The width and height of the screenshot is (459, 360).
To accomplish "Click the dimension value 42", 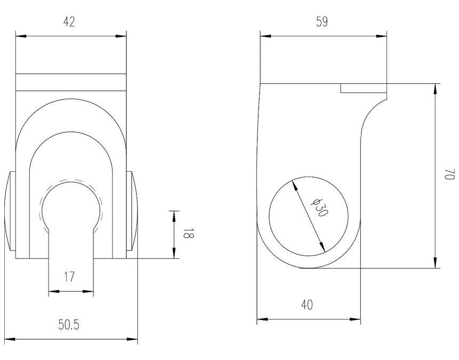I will pos(69,22).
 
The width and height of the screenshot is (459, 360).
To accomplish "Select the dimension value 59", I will pos(322,22).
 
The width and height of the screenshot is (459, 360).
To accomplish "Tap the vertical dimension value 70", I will pos(449,175).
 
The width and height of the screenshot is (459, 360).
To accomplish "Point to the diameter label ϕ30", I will pos(320,206).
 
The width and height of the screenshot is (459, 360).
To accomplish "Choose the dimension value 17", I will pos(69,277).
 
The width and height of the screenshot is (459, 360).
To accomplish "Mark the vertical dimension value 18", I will pos(187,234).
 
